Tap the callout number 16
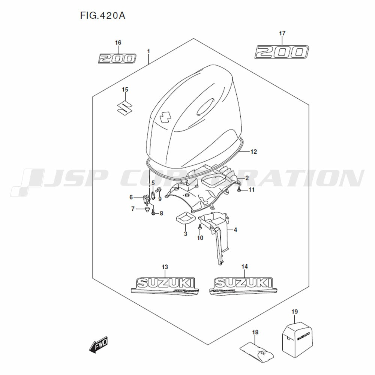[x=118, y=43]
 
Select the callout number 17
[x=282, y=33]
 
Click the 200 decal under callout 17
[x=282, y=52]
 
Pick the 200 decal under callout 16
[x=117, y=58]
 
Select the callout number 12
[x=254, y=152]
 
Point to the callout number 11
[x=251, y=190]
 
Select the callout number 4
[x=235, y=229]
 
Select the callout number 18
[x=255, y=332]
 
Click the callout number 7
[x=132, y=208]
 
